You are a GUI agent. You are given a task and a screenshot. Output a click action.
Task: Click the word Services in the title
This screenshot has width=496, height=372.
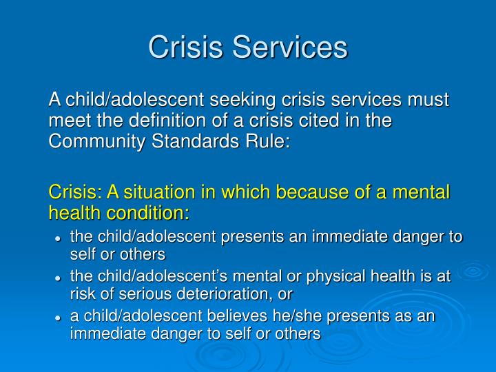(291, 48)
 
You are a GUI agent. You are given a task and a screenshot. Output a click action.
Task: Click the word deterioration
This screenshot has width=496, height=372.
(232, 294)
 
